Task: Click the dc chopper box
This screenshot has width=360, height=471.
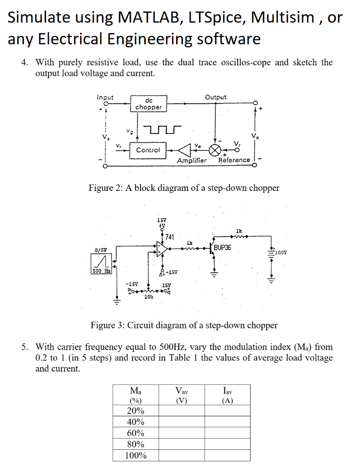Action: tap(148, 103)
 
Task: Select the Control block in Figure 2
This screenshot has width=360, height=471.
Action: tap(148, 150)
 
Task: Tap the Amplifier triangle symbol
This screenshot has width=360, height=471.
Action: tap(185, 150)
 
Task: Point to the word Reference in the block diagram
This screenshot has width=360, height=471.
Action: tap(234, 160)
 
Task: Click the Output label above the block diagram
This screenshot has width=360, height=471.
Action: tap(216, 97)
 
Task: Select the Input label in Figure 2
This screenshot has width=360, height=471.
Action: tap(105, 97)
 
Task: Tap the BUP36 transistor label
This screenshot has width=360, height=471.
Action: tap(223, 247)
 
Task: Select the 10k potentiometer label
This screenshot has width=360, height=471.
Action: tap(149, 298)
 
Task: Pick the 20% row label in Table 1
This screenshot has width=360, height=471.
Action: tap(135, 411)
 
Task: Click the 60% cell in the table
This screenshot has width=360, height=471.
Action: tap(135, 433)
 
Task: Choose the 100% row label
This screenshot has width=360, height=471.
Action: tap(135, 456)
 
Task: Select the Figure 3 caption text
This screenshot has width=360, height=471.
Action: tap(184, 326)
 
